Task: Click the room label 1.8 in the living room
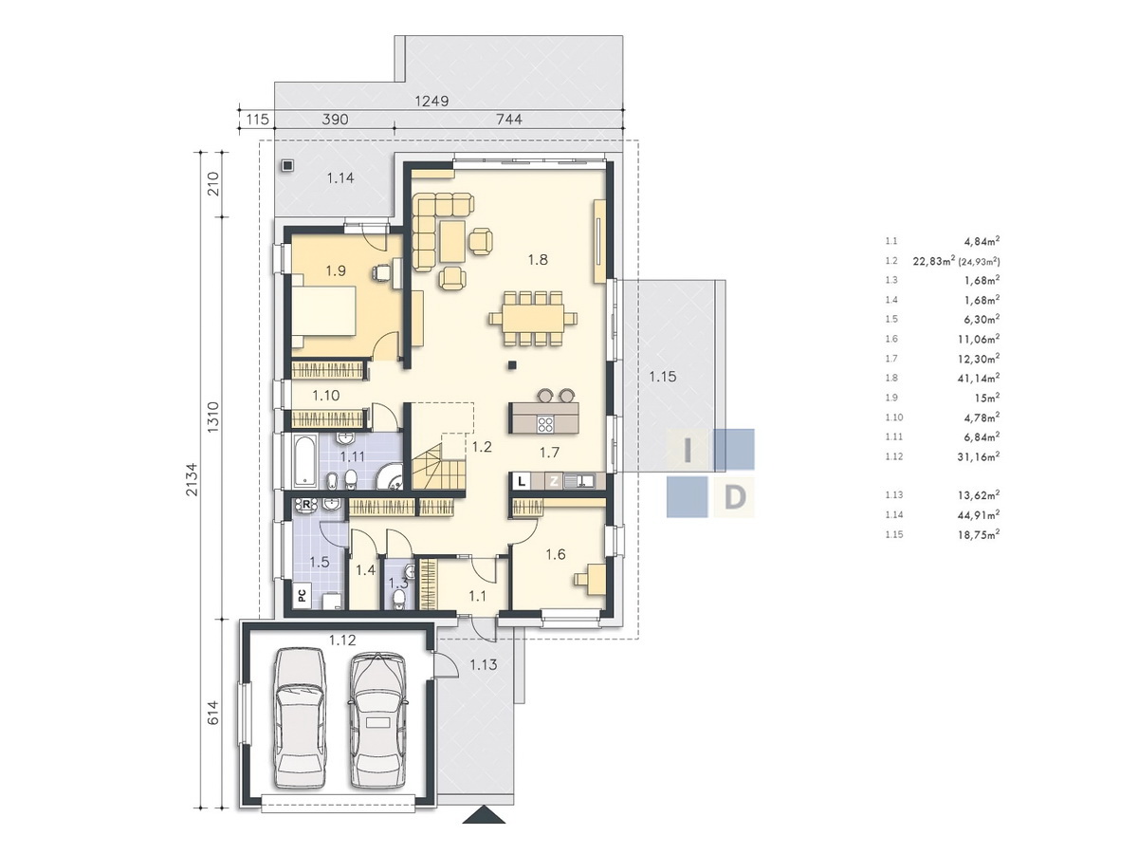pyautogui.click(x=538, y=259)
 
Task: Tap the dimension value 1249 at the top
pyautogui.click(x=431, y=101)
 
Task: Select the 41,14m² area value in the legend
pyautogui.click(x=979, y=378)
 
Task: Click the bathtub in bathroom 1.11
pyautogui.click(x=304, y=462)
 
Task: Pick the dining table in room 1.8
pyautogui.click(x=533, y=319)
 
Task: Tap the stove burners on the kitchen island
pyautogui.click(x=544, y=425)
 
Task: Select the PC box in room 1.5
pyautogui.click(x=303, y=595)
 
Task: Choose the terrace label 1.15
pyautogui.click(x=663, y=377)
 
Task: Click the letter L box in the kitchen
pyautogui.click(x=522, y=481)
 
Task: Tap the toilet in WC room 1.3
pyautogui.click(x=398, y=599)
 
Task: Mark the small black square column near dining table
pyautogui.click(x=512, y=365)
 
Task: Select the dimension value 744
pyautogui.click(x=508, y=120)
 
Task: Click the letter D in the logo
pyautogui.click(x=734, y=498)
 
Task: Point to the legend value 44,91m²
pyautogui.click(x=979, y=514)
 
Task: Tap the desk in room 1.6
pyautogui.click(x=592, y=579)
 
